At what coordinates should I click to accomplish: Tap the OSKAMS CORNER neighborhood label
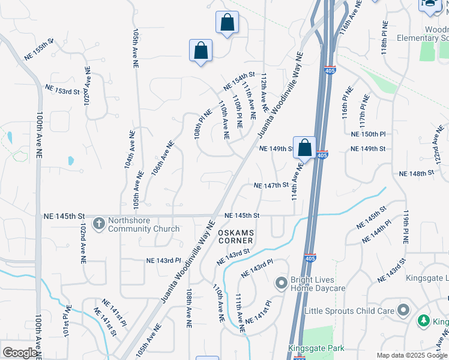point(236,236)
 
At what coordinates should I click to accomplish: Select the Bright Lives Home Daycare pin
point(281,283)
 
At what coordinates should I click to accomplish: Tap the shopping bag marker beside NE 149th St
point(305,147)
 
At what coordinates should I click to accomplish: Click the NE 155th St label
point(39,49)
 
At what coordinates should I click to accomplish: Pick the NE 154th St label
point(240,82)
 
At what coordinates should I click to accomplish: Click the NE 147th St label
point(271,186)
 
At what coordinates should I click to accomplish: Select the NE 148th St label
point(416,173)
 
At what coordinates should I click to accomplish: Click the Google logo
point(20,353)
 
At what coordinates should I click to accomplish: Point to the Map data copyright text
point(412,355)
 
